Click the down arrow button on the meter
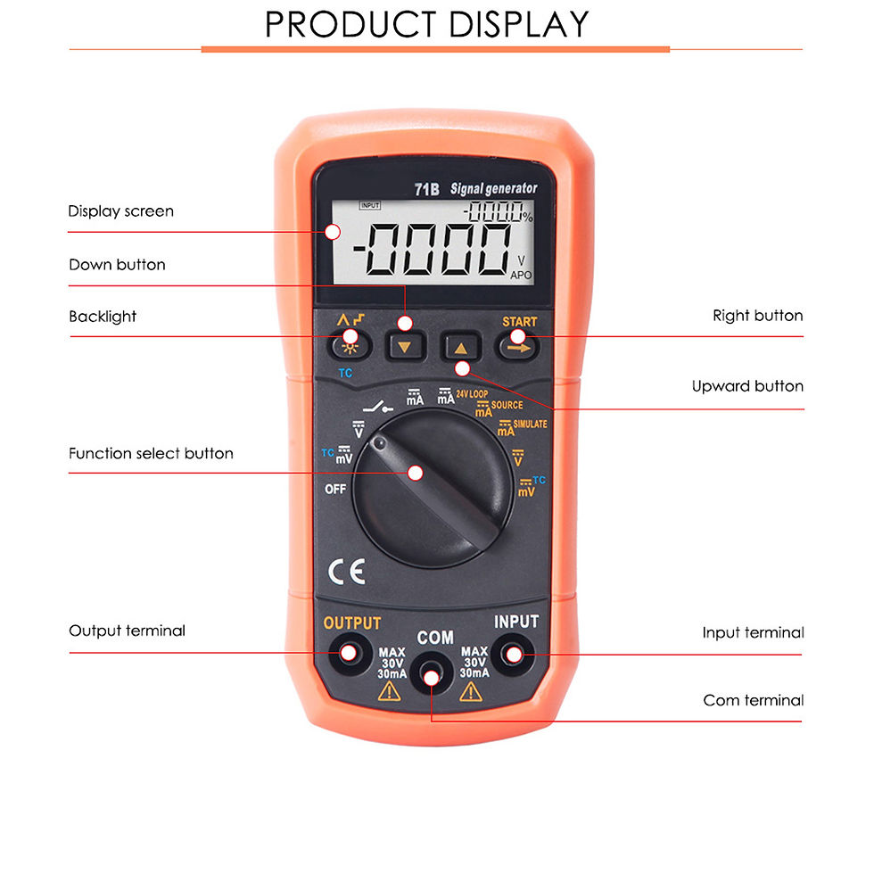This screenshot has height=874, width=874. pyautogui.click(x=405, y=347)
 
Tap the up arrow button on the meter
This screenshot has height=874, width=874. pyautogui.click(x=461, y=347)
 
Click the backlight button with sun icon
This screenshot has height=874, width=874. pyautogui.click(x=350, y=347)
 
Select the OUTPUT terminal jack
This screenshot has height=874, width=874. pyautogui.click(x=350, y=653)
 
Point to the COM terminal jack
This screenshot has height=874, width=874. pyautogui.click(x=431, y=676)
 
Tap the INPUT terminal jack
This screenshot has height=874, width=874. pyautogui.click(x=513, y=654)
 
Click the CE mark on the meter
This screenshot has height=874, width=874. pyautogui.click(x=347, y=572)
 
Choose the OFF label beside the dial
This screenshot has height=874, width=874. pyautogui.click(x=335, y=489)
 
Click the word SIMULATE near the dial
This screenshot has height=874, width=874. pyautogui.click(x=530, y=425)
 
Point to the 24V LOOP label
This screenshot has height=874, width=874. pyautogui.click(x=472, y=394)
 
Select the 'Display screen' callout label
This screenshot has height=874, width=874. pyautogui.click(x=121, y=211)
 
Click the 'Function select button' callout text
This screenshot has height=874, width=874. pyautogui.click(x=151, y=453)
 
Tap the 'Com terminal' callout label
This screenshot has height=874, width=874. pyautogui.click(x=753, y=700)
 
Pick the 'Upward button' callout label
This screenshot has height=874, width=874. pyautogui.click(x=747, y=386)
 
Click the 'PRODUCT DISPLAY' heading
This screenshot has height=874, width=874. pyautogui.click(x=427, y=24)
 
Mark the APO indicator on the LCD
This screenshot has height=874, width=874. pyautogui.click(x=521, y=275)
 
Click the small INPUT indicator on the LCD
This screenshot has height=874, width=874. pyautogui.click(x=370, y=205)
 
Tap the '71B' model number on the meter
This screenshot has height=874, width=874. pyautogui.click(x=427, y=189)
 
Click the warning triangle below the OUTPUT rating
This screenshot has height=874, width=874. pyautogui.click(x=389, y=692)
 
